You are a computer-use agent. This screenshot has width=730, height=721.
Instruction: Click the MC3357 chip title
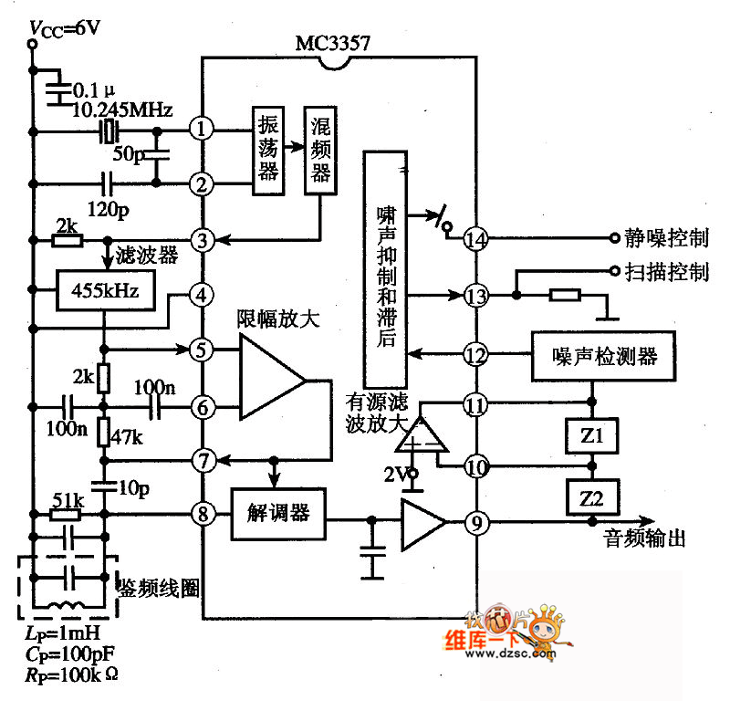click(333, 43)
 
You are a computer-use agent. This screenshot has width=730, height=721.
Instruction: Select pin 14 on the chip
click(474, 239)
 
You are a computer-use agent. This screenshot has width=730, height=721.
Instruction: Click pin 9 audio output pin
click(474, 523)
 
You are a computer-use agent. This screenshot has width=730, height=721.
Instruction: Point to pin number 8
click(202, 514)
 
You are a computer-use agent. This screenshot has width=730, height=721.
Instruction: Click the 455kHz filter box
click(104, 292)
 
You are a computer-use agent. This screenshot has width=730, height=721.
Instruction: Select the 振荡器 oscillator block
click(267, 150)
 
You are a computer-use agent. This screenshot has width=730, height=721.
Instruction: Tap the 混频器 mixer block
click(319, 150)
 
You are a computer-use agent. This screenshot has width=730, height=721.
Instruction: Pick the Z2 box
click(593, 498)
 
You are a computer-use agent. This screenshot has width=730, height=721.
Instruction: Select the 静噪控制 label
click(666, 239)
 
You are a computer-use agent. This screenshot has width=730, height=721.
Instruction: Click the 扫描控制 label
click(666, 272)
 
